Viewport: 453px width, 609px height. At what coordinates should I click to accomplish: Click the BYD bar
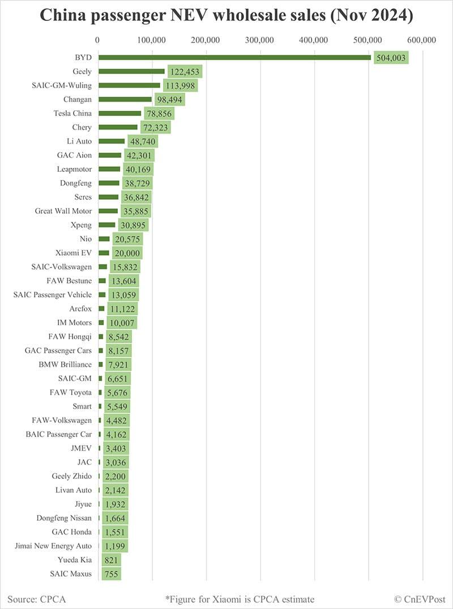234,57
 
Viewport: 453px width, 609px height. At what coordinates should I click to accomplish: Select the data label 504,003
391,58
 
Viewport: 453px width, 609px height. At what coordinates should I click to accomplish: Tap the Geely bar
131,71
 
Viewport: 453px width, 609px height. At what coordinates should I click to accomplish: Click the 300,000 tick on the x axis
260,40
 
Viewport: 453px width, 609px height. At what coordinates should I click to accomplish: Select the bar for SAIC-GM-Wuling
129,85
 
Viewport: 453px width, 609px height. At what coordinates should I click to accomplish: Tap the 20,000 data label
127,253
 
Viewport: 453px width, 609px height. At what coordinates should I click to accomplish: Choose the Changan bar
125,100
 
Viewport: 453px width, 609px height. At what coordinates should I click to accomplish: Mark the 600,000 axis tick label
422,40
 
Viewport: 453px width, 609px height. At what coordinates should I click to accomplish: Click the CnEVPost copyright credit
419,599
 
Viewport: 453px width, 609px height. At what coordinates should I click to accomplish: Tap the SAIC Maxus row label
71,574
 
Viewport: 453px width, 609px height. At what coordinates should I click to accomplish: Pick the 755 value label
112,574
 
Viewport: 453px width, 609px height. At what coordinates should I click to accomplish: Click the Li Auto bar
112,141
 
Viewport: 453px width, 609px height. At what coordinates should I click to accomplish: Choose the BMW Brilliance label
65,364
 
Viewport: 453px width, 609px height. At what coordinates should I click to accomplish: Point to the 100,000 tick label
152,40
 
